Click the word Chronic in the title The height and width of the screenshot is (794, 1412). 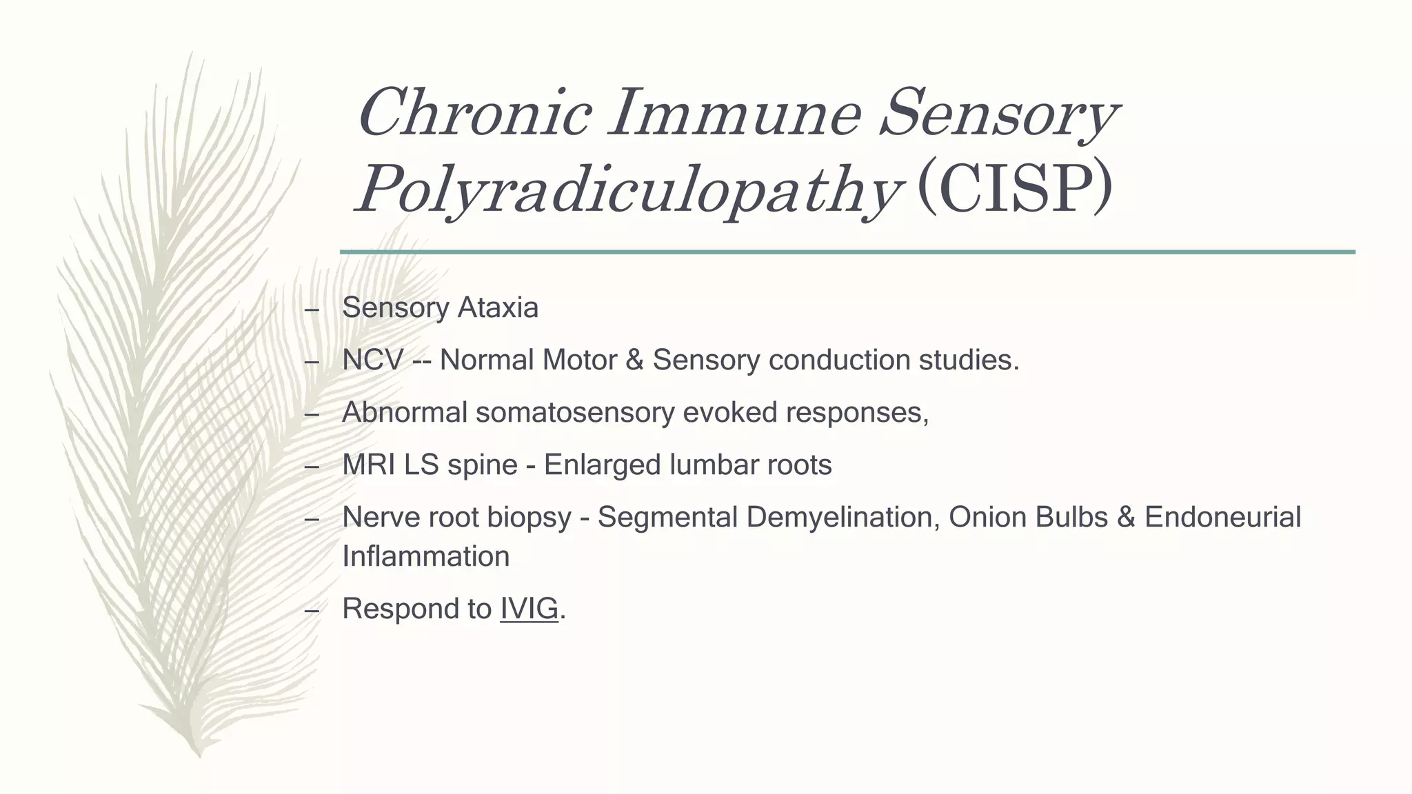(x=474, y=112)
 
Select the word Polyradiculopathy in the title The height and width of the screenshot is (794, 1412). (x=628, y=189)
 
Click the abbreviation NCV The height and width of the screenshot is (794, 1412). (x=372, y=360)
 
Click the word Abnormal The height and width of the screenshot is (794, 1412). (x=404, y=412)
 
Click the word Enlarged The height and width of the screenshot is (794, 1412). (x=603, y=465)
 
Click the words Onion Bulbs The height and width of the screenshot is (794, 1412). (x=1028, y=517)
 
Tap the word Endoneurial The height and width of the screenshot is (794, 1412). (x=1222, y=517)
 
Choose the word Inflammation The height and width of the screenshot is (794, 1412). (x=425, y=556)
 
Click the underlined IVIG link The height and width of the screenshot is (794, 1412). (x=529, y=609)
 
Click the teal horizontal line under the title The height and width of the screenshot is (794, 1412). (x=847, y=252)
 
